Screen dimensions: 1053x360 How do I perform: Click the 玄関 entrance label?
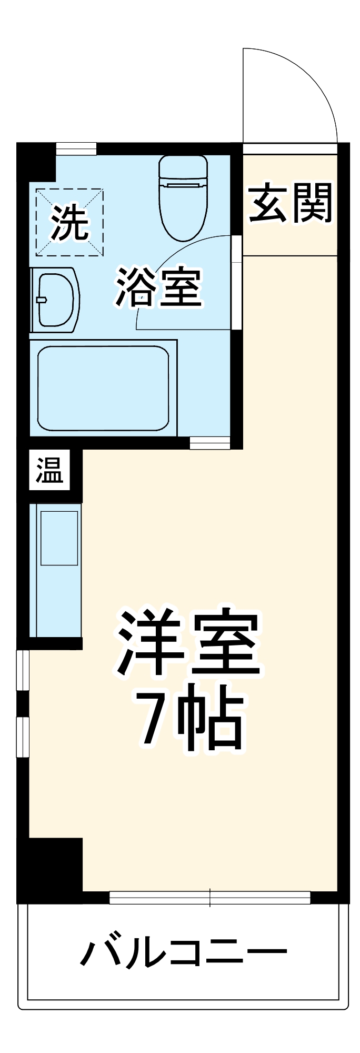[291, 203]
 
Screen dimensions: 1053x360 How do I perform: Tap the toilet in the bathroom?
[183, 197]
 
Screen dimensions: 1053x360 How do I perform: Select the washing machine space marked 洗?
[69, 223]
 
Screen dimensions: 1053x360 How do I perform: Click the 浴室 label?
[159, 287]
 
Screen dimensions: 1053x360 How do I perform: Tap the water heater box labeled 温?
[49, 470]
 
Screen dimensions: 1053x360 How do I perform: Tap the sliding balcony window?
[209, 898]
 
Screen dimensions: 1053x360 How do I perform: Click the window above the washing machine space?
[76, 148]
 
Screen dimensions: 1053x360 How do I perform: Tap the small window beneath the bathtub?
[210, 443]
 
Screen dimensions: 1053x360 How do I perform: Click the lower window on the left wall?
[23, 737]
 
